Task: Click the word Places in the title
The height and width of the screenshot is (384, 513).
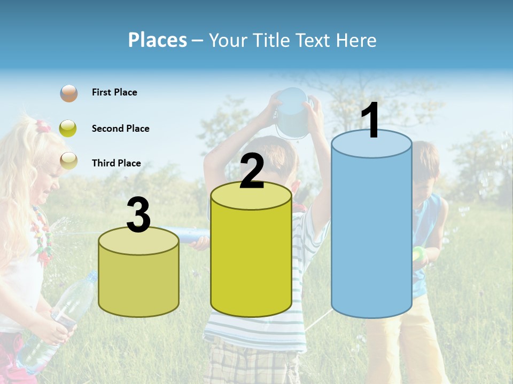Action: (x=157, y=40)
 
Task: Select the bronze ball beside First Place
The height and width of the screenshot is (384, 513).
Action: (x=68, y=93)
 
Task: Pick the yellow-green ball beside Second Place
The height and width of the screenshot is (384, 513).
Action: (x=68, y=129)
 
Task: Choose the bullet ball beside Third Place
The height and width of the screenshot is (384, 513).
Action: (x=68, y=160)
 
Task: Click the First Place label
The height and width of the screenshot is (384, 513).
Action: (x=114, y=92)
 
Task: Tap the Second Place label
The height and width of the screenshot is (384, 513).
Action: (x=120, y=129)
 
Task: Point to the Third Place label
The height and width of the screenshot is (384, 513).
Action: (x=116, y=163)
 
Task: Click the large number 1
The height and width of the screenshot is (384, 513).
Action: (x=371, y=121)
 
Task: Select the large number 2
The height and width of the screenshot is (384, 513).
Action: (x=252, y=171)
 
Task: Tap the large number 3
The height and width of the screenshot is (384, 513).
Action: (x=138, y=215)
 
